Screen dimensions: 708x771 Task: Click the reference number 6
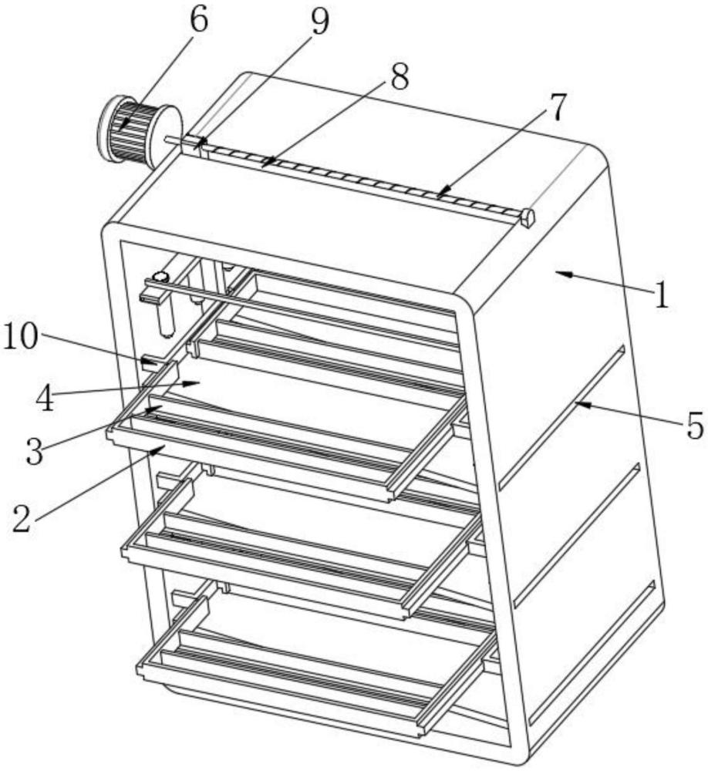pos(199,20)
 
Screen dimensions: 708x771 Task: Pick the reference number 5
pos(695,426)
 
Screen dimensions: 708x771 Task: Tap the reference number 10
pos(21,338)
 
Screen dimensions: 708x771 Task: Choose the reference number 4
pos(46,399)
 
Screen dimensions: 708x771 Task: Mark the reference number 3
pos(35,451)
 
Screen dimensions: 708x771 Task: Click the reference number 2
pos(21,519)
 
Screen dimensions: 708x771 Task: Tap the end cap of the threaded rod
pos(527,217)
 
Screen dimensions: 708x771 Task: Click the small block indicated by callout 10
pos(150,364)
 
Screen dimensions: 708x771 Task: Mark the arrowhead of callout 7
pos(443,190)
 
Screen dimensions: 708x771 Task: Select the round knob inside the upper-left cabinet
pos(160,277)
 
